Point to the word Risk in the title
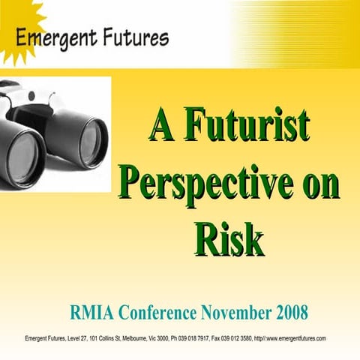tap(229, 239)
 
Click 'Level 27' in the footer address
tap(77, 338)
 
